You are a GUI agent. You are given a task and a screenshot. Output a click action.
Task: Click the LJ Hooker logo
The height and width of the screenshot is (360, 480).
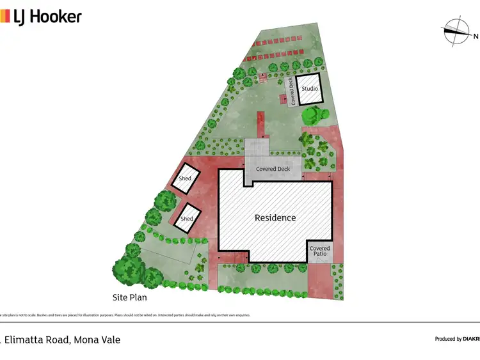[x=41, y=16]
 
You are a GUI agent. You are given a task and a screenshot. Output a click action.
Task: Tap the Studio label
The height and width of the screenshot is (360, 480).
[x=310, y=88]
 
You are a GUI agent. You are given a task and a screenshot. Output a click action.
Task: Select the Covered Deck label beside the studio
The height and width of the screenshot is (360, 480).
[x=293, y=91]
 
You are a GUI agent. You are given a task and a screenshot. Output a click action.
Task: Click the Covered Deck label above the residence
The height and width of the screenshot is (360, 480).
[x=273, y=169]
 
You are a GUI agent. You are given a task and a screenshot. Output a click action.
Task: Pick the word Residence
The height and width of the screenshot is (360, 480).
[x=275, y=217]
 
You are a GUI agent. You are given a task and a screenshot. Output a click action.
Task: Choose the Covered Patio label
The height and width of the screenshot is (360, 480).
[x=320, y=251]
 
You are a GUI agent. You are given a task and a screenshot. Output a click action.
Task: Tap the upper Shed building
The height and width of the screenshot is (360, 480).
[x=185, y=178]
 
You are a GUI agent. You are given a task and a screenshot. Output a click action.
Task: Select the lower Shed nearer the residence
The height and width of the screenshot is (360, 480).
[x=187, y=218]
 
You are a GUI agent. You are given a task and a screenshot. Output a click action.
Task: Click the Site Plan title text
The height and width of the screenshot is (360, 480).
[x=134, y=297]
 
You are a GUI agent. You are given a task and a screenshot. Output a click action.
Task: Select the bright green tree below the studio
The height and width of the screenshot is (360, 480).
[x=314, y=115]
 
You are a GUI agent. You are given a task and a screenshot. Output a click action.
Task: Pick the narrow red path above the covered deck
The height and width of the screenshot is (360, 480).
[x=260, y=125]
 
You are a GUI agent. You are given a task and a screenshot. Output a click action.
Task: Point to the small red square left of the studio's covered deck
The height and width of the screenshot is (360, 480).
[x=283, y=99]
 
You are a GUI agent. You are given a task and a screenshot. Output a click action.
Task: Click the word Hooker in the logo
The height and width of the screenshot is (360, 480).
[x=57, y=17]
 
